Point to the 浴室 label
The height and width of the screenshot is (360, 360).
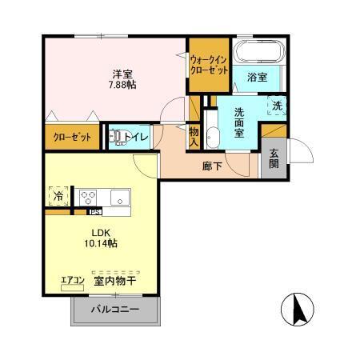256,78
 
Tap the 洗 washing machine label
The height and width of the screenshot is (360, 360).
278,105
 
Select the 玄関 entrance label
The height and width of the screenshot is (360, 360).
274,158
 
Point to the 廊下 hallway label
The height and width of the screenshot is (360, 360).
211,167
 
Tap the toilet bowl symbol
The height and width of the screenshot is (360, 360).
118,138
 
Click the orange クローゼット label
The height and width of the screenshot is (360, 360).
73,137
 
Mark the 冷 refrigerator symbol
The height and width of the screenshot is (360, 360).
58,194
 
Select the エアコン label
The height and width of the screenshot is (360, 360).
73,280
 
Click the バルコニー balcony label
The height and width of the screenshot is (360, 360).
114,310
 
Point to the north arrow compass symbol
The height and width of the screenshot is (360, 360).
297,309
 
